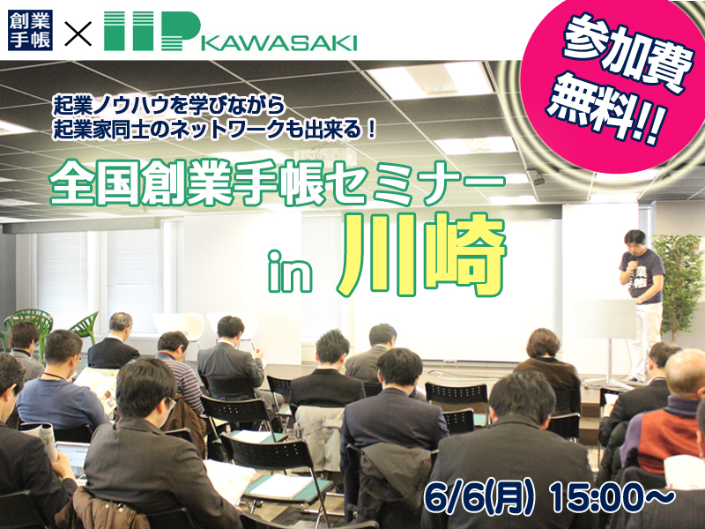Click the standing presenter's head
pyautogui.click(x=635, y=240)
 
